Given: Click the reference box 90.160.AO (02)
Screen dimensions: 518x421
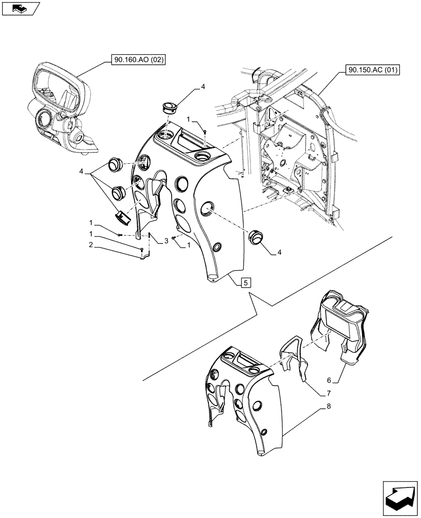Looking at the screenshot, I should tap(137, 61).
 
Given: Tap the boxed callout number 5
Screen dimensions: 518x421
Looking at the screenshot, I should tap(246, 282).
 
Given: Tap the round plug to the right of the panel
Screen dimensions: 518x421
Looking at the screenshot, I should tap(256, 237).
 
